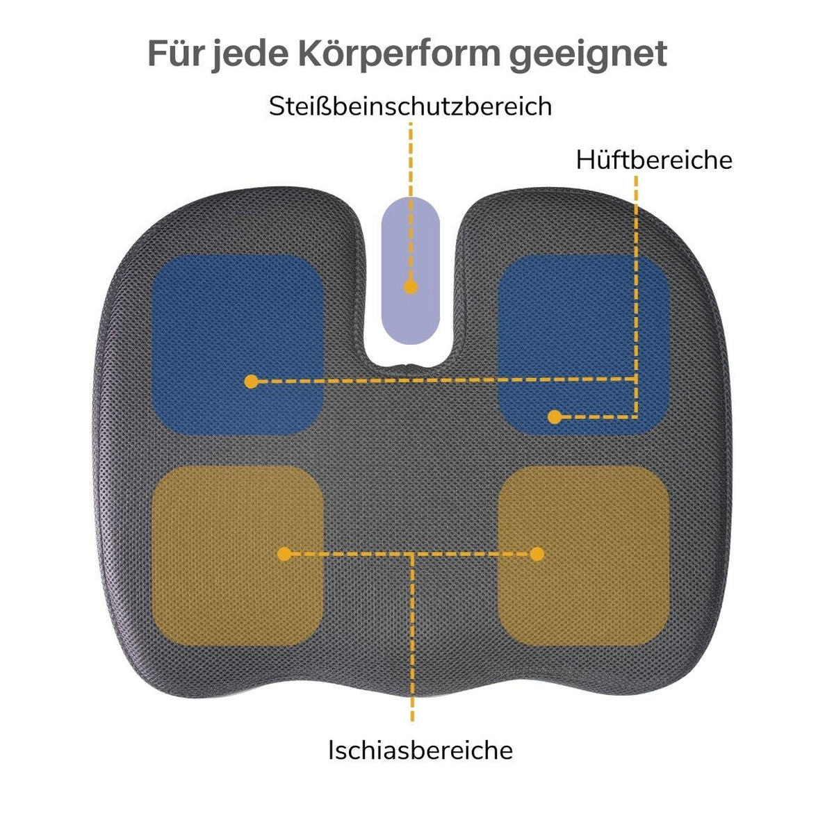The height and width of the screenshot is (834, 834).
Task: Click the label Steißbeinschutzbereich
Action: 410,106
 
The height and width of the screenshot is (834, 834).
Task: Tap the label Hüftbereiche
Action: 654,160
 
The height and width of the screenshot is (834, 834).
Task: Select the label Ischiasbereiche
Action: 420,750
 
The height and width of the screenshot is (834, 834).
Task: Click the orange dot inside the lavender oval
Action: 411,286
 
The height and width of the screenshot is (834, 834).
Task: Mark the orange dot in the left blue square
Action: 252,382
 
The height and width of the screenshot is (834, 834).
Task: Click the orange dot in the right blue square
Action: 554,417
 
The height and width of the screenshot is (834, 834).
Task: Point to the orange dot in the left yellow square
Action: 284,554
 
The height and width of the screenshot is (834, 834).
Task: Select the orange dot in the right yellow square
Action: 537,554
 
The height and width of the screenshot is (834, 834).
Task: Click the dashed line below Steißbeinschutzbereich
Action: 411,160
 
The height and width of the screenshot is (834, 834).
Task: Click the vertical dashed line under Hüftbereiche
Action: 636,278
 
